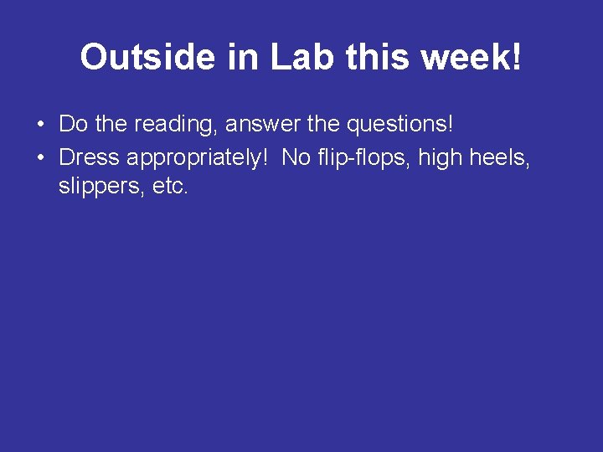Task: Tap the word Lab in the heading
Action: point(294,57)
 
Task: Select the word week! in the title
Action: point(471,57)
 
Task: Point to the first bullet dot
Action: point(40,126)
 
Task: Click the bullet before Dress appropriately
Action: point(40,157)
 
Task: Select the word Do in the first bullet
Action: point(73,125)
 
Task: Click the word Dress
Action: point(89,157)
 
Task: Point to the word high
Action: point(441,157)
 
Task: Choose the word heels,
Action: point(501,157)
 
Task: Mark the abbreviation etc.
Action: point(169,187)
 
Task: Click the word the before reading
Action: point(110,125)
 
